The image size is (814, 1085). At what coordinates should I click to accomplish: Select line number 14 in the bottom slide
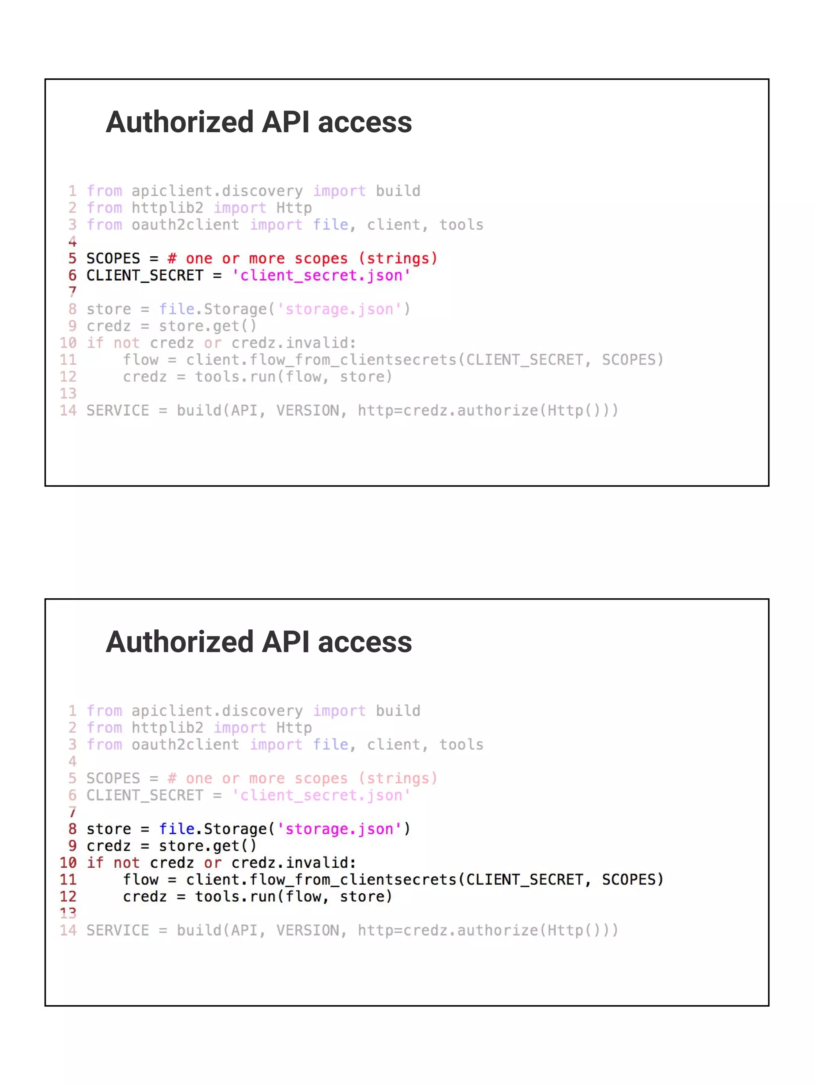point(68,930)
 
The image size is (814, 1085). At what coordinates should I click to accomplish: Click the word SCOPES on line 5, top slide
point(113,259)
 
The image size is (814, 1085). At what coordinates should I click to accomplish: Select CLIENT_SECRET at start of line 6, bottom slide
point(145,795)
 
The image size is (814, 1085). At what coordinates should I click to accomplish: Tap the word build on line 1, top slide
point(398,191)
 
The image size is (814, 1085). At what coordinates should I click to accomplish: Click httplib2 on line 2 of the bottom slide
point(167,727)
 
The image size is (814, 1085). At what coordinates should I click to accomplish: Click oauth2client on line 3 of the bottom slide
point(186,745)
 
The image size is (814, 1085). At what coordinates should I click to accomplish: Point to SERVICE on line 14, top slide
point(118,410)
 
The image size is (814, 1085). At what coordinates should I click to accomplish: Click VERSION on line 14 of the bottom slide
point(308,930)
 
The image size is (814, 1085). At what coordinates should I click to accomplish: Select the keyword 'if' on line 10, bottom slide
point(95,863)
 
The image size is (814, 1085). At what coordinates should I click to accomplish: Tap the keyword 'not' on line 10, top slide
point(126,343)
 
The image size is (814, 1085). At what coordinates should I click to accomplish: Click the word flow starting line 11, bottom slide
point(140,880)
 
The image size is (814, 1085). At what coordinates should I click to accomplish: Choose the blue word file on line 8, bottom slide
point(176,829)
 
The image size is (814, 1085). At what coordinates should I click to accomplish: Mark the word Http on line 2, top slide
point(294,208)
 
